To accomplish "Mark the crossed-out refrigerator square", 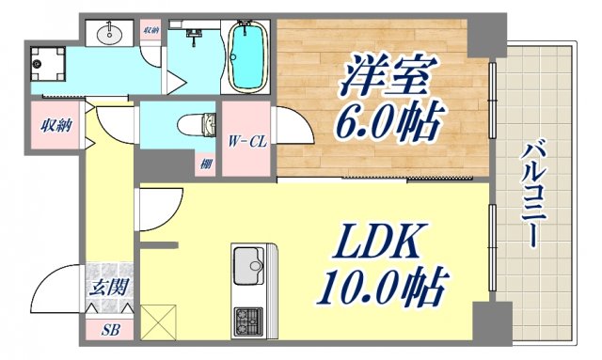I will coord(158,321).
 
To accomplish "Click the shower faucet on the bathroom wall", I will coord(195,36).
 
